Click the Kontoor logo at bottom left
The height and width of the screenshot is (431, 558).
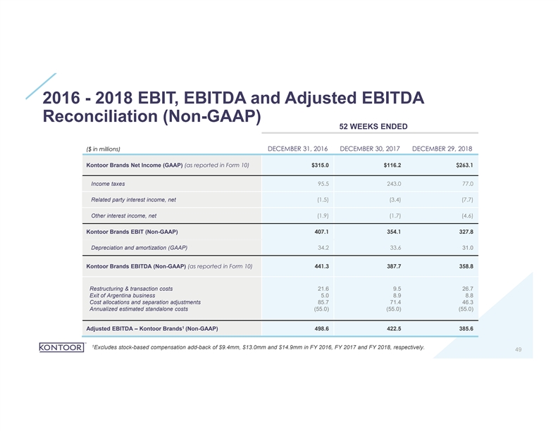click(60, 350)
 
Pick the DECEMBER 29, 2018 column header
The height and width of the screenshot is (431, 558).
click(442, 149)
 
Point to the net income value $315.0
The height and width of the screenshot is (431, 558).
click(320, 165)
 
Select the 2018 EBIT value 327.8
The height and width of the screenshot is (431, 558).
click(462, 232)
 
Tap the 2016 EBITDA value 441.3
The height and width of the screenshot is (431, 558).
click(320, 266)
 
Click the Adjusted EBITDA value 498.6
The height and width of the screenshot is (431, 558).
click(320, 329)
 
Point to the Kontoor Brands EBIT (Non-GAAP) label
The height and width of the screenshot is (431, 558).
click(131, 232)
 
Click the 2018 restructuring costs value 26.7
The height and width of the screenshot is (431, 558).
click(464, 288)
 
